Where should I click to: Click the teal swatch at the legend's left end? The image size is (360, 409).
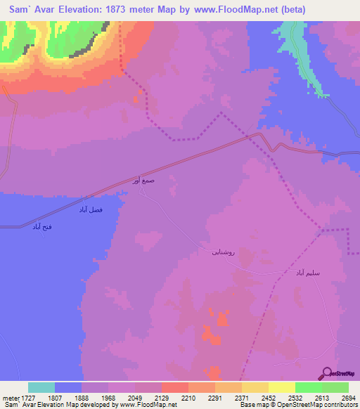tap(41, 387)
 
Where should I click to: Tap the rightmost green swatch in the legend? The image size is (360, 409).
tap(335, 387)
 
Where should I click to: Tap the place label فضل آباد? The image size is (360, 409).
tap(91, 209)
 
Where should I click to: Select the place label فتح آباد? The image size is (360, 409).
tap(42, 226)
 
